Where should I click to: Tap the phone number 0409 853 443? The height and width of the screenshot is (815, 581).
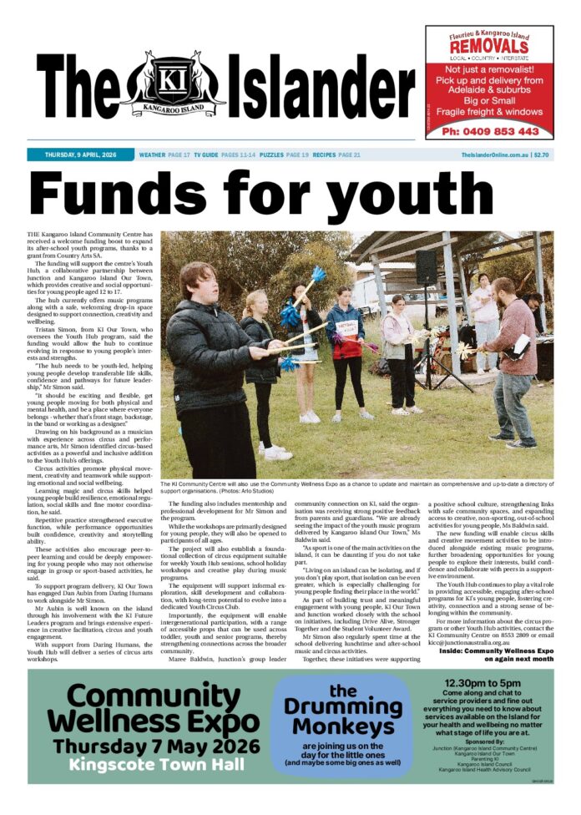coord(490,131)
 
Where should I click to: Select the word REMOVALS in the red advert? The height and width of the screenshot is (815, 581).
coord(489,48)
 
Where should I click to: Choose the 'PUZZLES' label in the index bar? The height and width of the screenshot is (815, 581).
coord(271,155)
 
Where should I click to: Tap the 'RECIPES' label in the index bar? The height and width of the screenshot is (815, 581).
coord(324,155)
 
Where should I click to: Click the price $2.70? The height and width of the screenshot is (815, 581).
coord(541,155)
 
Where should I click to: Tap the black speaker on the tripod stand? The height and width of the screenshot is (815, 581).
coord(427,266)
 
